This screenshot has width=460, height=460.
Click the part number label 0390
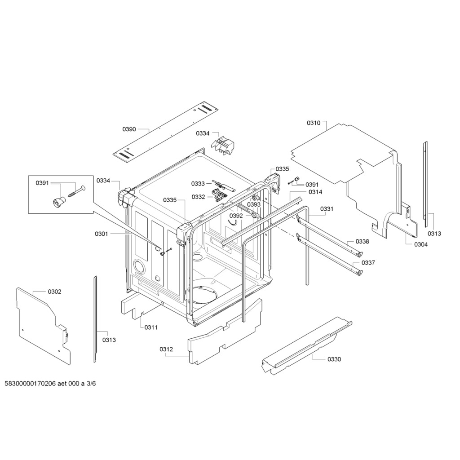pyautogui.click(x=129, y=129)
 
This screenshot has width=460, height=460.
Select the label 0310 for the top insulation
pyautogui.click(x=314, y=123)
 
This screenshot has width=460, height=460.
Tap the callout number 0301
pyautogui.click(x=102, y=234)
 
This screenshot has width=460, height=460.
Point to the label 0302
pyautogui.click(x=54, y=292)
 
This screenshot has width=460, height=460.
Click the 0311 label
pyautogui.click(x=151, y=327)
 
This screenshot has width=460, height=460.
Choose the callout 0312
pyautogui.click(x=166, y=349)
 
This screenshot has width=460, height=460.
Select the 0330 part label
pyautogui.click(x=334, y=359)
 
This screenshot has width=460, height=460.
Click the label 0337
pyautogui.click(x=368, y=262)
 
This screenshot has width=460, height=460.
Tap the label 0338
pyautogui.click(x=363, y=241)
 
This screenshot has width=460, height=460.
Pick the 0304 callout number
pyautogui.click(x=421, y=244)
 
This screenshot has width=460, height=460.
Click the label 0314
pyautogui.click(x=315, y=192)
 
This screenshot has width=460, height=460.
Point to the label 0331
pyautogui.click(x=327, y=209)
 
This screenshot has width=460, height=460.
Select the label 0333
pyautogui.click(x=198, y=184)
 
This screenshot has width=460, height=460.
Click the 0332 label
pyautogui.click(x=198, y=197)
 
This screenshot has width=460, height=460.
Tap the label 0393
pyautogui.click(x=254, y=204)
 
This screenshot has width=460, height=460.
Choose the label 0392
pyautogui.click(x=236, y=216)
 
